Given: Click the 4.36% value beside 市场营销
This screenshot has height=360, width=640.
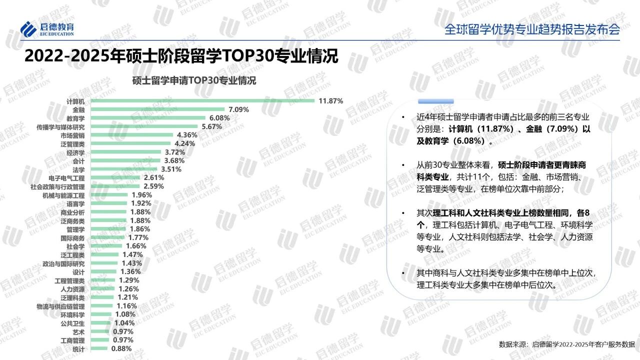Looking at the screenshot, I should (187, 135).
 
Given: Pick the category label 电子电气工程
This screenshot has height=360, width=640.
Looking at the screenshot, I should (66, 178).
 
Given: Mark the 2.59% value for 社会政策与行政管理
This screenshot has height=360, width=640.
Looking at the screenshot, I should (153, 186).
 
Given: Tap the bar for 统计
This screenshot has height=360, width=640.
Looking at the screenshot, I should (99, 348).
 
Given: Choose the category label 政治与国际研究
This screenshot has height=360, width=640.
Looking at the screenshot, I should (63, 263).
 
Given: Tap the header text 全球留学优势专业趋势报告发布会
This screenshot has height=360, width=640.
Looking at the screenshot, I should (532, 29).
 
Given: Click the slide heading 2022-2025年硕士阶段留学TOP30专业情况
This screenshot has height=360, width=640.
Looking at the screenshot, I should (181, 56).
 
